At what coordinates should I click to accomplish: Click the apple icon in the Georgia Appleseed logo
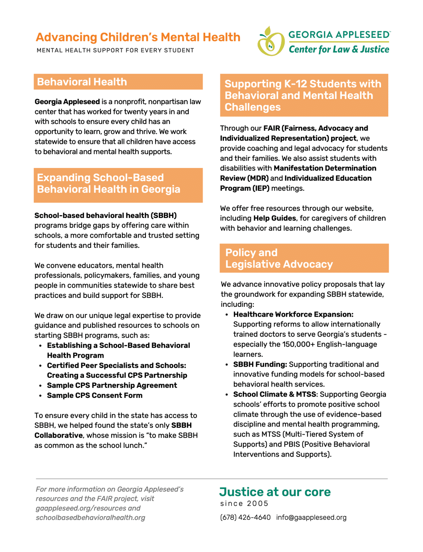point(270,42)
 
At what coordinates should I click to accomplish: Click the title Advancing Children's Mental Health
point(138,37)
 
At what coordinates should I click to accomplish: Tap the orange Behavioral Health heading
point(82,82)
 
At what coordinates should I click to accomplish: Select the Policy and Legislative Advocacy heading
point(279,258)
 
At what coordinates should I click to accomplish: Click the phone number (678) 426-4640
point(245,518)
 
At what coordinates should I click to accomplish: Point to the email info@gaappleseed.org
point(311,518)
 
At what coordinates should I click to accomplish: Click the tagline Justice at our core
point(275,492)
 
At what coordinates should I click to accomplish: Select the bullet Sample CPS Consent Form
point(95,395)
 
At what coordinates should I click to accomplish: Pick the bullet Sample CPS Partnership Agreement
point(112,385)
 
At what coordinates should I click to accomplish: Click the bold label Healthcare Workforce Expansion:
point(293,314)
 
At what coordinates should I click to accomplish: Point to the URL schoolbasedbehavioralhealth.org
point(90,518)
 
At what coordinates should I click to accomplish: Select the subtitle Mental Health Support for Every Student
point(115,50)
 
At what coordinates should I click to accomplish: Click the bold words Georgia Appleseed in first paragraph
point(67,102)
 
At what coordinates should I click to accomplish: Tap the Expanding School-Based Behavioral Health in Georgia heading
point(108,184)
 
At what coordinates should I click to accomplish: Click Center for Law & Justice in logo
point(339,49)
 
